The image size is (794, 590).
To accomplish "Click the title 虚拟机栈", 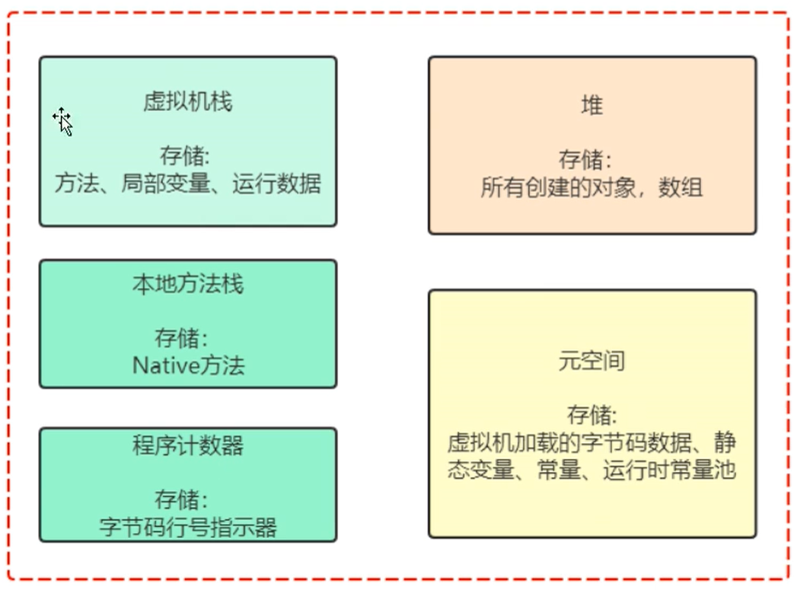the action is [x=187, y=102].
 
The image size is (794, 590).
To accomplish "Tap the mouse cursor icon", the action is [x=63, y=121].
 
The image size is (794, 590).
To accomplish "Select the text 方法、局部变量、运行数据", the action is [x=188, y=183].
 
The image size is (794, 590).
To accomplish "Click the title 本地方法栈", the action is [x=187, y=285].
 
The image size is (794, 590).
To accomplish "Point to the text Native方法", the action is [x=188, y=365].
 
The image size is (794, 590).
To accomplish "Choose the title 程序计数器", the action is [x=187, y=445].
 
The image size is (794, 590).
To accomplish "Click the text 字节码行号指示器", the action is [x=188, y=527].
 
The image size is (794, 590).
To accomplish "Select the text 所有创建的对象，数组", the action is [x=592, y=187].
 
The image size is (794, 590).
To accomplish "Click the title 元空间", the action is [x=592, y=361].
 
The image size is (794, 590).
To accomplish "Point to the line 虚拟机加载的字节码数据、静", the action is [x=592, y=443].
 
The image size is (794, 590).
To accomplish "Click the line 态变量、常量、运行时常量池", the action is [x=592, y=470].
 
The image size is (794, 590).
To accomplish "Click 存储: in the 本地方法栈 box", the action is [x=181, y=338].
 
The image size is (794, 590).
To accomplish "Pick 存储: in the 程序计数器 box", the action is [x=181, y=499].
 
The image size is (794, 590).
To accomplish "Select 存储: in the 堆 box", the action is [x=585, y=160].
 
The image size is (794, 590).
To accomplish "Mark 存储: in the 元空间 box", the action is [x=592, y=416].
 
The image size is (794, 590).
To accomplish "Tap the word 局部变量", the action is [x=165, y=183].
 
